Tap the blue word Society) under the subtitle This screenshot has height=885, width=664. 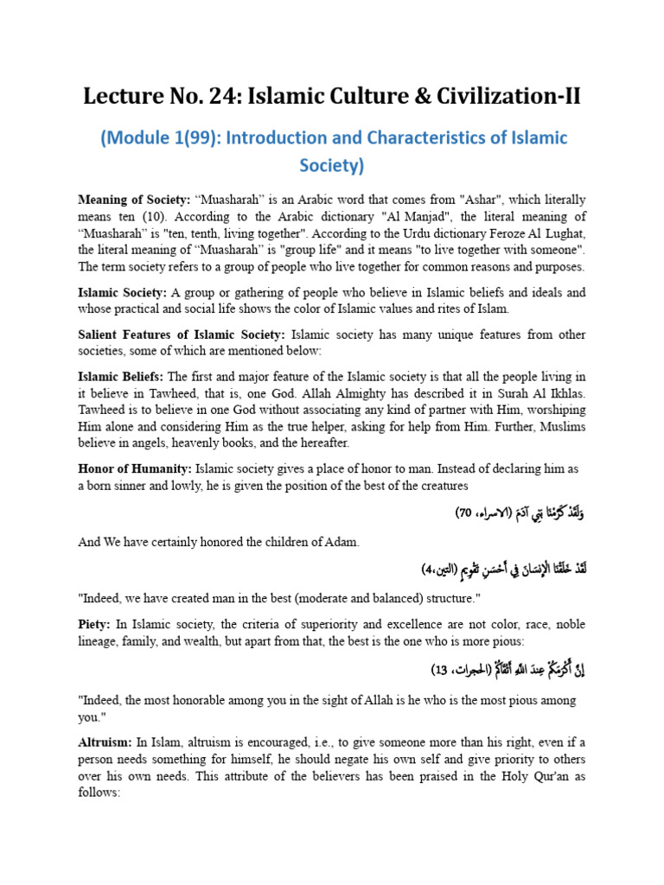[x=331, y=165]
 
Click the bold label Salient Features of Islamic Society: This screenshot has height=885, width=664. [x=182, y=334]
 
